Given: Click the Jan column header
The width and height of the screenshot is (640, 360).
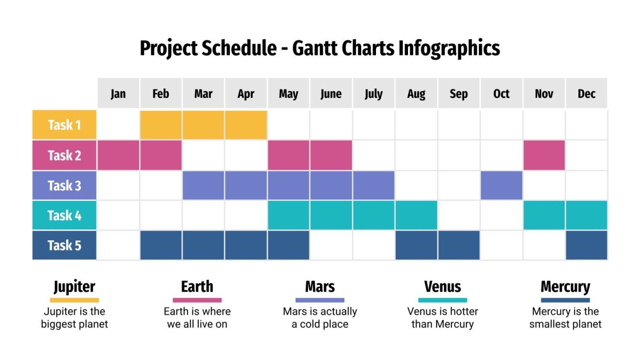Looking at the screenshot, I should (118, 93).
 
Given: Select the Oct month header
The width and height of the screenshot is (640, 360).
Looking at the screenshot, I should (501, 93).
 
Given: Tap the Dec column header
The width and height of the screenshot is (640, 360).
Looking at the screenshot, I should (586, 93).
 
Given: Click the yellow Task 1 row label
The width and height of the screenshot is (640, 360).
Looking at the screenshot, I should (64, 125).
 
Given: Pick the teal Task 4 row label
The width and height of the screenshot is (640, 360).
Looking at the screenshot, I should (64, 216).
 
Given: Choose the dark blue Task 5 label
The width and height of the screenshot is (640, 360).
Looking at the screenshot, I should (64, 246).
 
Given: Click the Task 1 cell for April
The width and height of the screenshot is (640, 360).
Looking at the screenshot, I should (246, 125).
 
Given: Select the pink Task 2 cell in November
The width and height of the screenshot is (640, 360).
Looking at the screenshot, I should (544, 155).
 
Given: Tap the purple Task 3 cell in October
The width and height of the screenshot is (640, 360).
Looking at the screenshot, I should (501, 185).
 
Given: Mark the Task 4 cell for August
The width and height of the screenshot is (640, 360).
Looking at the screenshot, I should (416, 216).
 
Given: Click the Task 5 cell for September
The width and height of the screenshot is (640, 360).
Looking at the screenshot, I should (459, 246).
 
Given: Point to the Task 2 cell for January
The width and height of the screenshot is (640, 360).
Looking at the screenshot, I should (118, 155).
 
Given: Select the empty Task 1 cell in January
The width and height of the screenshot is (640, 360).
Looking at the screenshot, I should (118, 125).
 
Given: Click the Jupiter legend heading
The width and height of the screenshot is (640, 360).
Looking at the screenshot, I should (74, 287).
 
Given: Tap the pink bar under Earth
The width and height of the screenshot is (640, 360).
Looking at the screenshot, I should (197, 300).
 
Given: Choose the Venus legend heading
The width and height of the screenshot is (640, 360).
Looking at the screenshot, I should (442, 287).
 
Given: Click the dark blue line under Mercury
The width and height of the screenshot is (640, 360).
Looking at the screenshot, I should (565, 300).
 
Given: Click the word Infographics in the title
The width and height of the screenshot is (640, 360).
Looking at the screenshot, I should (449, 48).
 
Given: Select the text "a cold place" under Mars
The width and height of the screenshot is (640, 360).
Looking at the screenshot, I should (320, 324).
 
